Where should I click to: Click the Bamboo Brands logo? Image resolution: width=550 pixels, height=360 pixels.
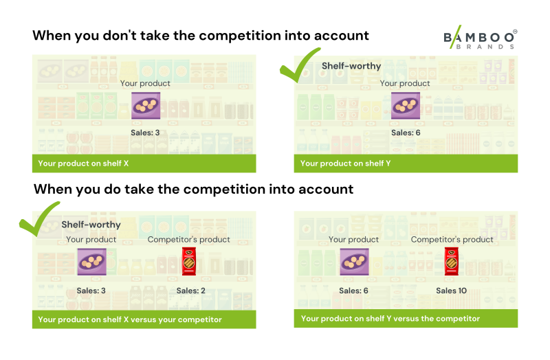(x=480, y=38)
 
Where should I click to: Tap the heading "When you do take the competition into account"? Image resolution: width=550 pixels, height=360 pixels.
(x=193, y=190)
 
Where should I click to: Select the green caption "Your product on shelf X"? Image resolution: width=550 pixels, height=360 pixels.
(x=83, y=164)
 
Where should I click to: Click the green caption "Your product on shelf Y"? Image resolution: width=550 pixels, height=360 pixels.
(x=345, y=164)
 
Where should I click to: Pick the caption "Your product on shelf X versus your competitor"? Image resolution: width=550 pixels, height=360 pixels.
(x=130, y=319)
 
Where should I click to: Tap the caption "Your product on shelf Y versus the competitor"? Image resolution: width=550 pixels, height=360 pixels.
(x=390, y=318)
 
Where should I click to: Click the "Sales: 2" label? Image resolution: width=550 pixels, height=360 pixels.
(x=191, y=291)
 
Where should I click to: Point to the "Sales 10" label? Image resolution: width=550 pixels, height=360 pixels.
(x=452, y=291)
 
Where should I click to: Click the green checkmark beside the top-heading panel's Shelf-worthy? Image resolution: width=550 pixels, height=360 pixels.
(x=299, y=65)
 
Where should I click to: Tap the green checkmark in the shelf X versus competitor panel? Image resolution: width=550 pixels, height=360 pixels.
(x=38, y=219)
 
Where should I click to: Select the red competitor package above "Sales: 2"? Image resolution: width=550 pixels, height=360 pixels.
(x=189, y=262)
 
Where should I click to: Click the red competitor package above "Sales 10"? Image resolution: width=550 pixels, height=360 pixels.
(x=452, y=262)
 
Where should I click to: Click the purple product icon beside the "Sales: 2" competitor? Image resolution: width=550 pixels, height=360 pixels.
(x=92, y=262)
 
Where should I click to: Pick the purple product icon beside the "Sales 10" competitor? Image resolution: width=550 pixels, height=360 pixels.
(x=354, y=262)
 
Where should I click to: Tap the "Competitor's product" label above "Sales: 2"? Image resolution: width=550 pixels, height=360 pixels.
(x=188, y=239)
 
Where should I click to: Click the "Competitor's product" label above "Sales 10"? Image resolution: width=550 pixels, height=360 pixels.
(x=452, y=239)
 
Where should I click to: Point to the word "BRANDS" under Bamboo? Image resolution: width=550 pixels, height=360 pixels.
(x=485, y=47)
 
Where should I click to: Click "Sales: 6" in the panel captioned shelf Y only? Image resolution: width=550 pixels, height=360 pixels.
(x=406, y=133)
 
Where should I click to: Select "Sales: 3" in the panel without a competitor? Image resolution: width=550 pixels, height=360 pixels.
(x=145, y=133)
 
